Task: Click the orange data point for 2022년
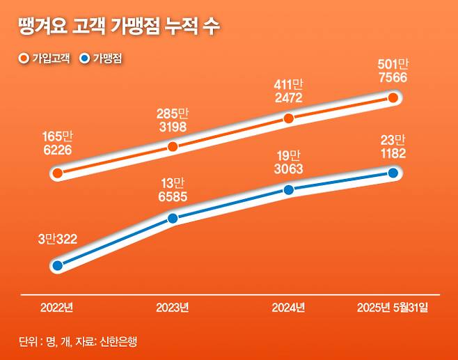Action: [58, 172]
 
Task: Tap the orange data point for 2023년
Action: [173, 146]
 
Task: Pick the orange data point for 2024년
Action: [289, 119]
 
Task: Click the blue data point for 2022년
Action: [58, 265]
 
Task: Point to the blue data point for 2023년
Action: [173, 218]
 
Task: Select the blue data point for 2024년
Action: [289, 189]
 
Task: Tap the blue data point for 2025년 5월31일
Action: [393, 173]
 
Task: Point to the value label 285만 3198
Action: [173, 119]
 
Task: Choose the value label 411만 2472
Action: [289, 91]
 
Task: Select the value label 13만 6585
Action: [173, 191]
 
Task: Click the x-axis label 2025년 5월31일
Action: [393, 307]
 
